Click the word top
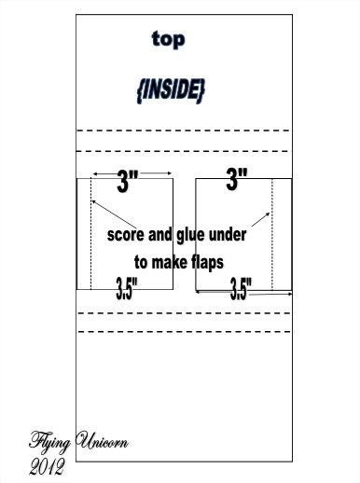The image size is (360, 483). [168, 39]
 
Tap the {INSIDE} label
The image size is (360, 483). [171, 90]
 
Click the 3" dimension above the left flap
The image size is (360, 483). [128, 181]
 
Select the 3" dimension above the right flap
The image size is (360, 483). [237, 178]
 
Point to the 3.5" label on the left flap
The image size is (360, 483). [127, 289]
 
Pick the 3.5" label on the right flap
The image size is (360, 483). [241, 289]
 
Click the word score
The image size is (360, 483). [126, 235]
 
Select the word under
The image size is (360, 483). [228, 235]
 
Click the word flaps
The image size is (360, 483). [207, 263]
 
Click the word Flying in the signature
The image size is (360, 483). [49, 442]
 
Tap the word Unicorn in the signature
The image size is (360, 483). [102, 440]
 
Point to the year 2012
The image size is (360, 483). [48, 466]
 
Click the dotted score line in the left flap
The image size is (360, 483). [91, 234]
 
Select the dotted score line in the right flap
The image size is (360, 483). [272, 234]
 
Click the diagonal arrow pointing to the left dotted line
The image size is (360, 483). [114, 214]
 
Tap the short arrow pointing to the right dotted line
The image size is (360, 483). [260, 219]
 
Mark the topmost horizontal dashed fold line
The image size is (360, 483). [184, 131]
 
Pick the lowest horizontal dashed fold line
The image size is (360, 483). [185, 332]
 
